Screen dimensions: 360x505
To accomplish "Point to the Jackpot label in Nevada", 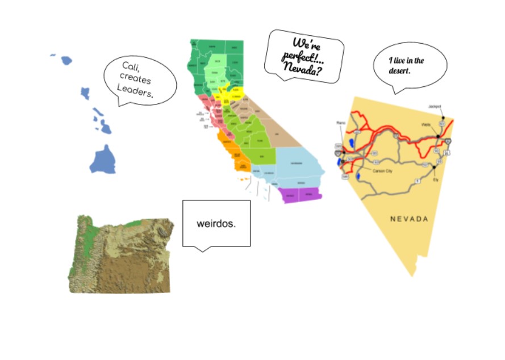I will [x=435, y=106].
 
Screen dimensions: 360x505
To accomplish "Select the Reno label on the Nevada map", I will [x=341, y=122].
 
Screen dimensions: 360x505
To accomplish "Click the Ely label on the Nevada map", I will [x=436, y=180].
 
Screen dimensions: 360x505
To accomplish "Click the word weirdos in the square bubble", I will [x=216, y=223].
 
